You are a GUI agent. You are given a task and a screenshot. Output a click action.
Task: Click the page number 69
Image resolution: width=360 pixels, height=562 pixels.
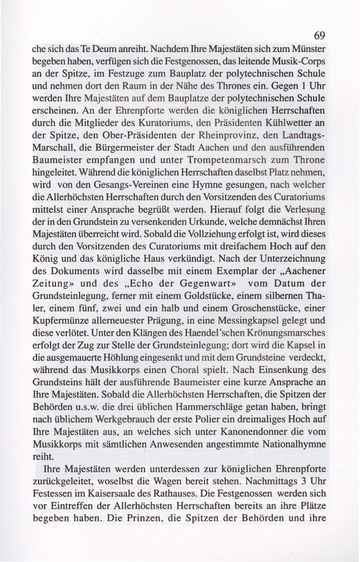(x=319, y=36)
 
